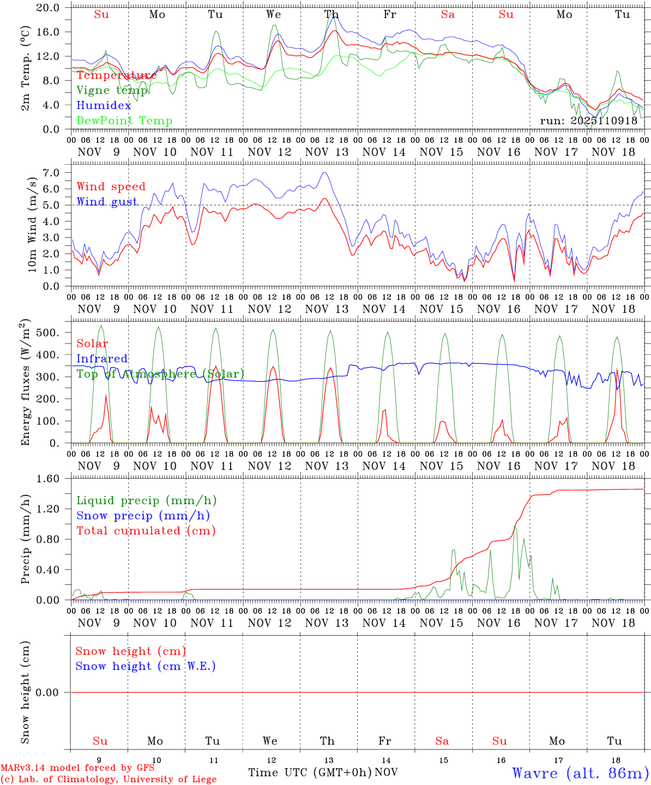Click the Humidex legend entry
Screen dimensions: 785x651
(x=104, y=106)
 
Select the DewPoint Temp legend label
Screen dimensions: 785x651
(x=124, y=121)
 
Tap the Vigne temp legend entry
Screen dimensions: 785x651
(x=112, y=90)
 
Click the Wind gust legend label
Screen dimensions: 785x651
(x=107, y=202)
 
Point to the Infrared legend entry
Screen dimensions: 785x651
(x=102, y=359)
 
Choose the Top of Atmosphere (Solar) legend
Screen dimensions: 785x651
(x=160, y=374)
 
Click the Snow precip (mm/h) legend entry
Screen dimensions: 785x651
(x=143, y=516)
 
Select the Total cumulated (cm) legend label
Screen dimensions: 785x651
(x=146, y=531)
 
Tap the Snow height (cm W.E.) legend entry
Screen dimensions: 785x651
(x=146, y=666)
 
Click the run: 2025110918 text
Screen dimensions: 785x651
(x=588, y=121)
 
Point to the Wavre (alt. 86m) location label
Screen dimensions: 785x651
(x=581, y=772)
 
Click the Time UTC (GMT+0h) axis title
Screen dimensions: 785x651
(x=310, y=772)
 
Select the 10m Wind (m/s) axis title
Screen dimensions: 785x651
(x=32, y=225)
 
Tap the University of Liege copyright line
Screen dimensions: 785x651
(x=108, y=779)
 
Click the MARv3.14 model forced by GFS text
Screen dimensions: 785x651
(x=77, y=768)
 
